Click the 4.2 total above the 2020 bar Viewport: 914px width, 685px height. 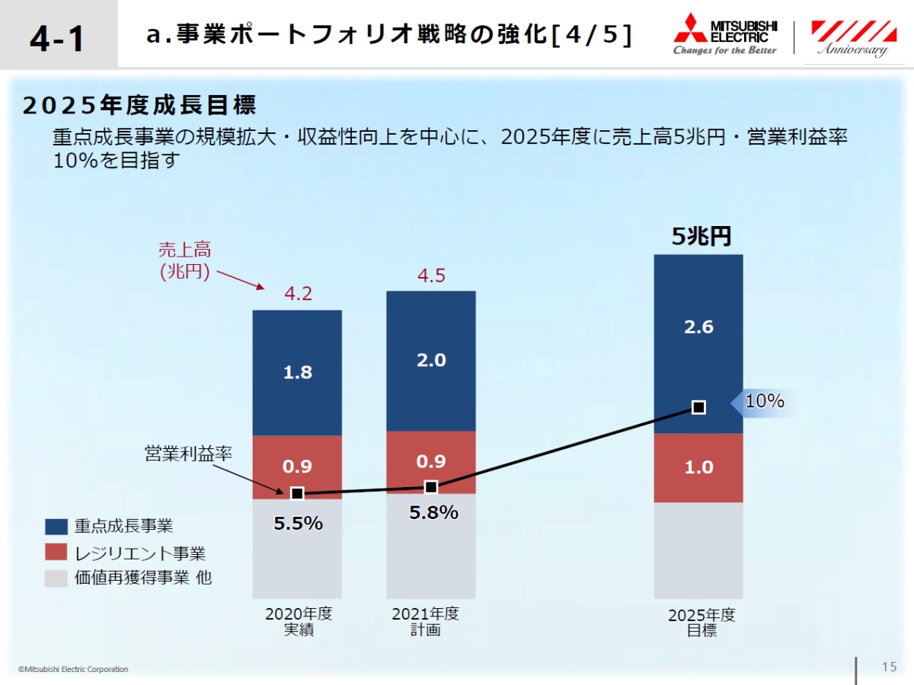[298, 294]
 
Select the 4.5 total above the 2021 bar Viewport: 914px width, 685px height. [431, 276]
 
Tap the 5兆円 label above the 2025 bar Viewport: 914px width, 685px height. [700, 237]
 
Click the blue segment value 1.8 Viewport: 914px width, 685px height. [298, 372]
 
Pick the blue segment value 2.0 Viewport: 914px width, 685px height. [431, 360]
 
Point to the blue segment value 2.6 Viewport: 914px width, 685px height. [698, 327]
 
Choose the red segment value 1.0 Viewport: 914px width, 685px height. [698, 467]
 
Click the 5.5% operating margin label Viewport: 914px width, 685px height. [298, 524]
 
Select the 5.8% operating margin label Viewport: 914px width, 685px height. [433, 513]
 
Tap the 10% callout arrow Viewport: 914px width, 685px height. [762, 401]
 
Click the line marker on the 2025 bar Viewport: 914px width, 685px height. [698, 407]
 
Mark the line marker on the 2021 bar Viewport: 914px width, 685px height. [431, 487]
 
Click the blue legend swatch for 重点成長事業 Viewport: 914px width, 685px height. [56, 527]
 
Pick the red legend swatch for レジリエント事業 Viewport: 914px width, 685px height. [56, 553]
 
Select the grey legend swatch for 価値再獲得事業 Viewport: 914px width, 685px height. [56, 578]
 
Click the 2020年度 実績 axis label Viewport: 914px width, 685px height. [298, 622]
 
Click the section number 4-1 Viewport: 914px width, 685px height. [58, 38]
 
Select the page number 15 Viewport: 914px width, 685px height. [889, 667]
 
